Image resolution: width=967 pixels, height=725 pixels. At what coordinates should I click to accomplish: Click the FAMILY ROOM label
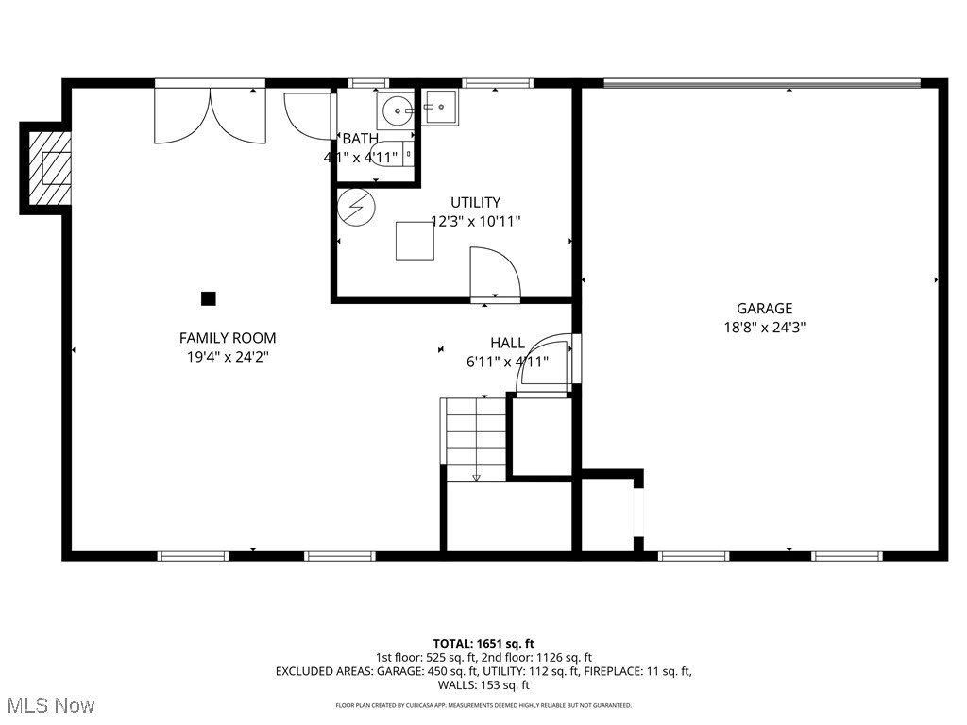pyautogui.click(x=228, y=338)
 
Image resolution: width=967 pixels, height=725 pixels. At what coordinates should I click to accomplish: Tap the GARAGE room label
pyautogui.click(x=764, y=308)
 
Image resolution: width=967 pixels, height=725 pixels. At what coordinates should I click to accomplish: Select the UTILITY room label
pyautogui.click(x=475, y=202)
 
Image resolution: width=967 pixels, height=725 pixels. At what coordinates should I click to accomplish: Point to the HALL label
pyautogui.click(x=507, y=342)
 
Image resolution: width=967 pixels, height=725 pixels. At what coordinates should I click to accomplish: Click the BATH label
pyautogui.click(x=360, y=139)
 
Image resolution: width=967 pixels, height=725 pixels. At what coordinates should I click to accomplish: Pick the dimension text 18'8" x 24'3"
pyautogui.click(x=764, y=328)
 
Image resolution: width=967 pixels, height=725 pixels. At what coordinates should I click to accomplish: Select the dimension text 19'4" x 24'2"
pyautogui.click(x=228, y=357)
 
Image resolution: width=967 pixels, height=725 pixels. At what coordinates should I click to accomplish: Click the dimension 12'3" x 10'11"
pyautogui.click(x=475, y=221)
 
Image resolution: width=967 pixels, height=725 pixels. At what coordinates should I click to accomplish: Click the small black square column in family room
pyautogui.click(x=209, y=298)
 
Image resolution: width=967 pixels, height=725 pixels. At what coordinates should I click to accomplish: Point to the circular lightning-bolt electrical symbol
pyautogui.click(x=357, y=207)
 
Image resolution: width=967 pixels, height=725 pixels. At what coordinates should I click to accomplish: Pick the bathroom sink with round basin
pyautogui.click(x=395, y=110)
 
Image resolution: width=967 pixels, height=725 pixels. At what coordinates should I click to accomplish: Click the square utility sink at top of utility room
pyautogui.click(x=440, y=108)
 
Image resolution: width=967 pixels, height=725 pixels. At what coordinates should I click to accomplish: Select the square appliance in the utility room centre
pyautogui.click(x=415, y=240)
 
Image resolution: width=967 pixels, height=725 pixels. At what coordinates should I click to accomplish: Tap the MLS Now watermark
pyautogui.click(x=49, y=705)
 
